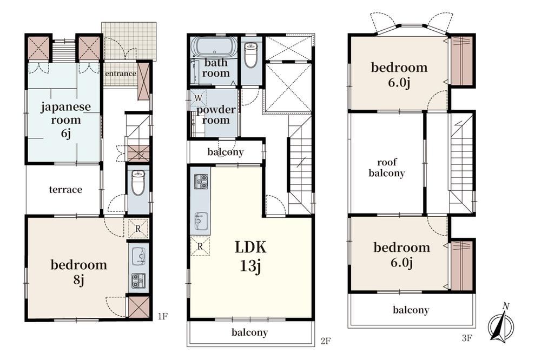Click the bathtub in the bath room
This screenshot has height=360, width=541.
[214, 46]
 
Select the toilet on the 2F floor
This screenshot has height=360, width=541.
[251, 55]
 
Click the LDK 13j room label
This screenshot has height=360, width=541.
[250, 256]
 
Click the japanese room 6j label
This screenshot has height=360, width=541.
[65, 119]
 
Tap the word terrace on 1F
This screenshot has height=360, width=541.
[65, 189]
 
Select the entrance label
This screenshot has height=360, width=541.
[121, 74]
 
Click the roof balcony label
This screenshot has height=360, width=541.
[386, 168]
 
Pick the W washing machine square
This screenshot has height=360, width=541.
[198, 98]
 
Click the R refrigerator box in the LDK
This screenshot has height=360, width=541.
[200, 246]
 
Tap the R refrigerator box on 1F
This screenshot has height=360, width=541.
[138, 228]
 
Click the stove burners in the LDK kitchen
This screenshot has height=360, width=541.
[201, 182]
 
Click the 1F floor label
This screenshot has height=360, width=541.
[162, 316]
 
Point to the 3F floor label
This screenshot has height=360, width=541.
[466, 338]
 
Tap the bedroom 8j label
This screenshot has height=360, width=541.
[78, 272]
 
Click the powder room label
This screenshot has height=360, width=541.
[216, 115]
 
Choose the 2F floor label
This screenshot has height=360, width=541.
[326, 341]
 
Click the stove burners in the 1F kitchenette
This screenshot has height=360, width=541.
[138, 279]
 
